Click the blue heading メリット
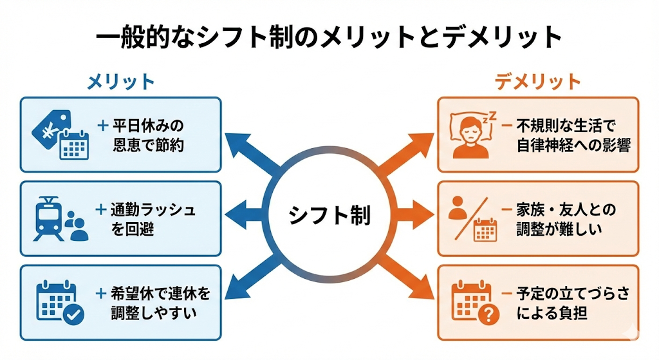click(121, 82)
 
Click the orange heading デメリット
click(538, 82)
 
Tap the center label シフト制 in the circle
click(329, 214)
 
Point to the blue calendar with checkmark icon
click(59, 302)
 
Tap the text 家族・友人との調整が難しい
click(566, 218)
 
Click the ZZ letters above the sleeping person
click(491, 117)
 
